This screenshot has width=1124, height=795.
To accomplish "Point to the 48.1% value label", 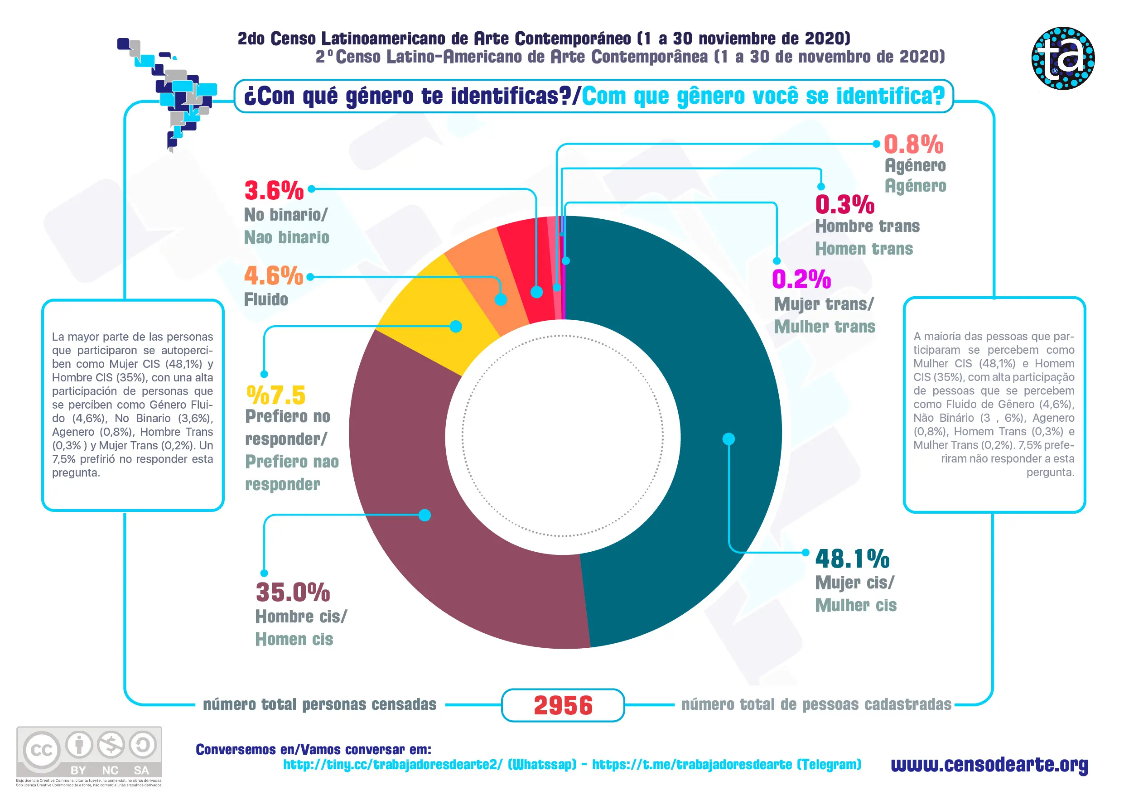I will pyautogui.click(x=852, y=559).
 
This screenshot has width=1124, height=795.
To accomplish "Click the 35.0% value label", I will pyautogui.click(x=293, y=593).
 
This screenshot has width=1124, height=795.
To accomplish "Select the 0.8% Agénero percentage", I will pyautogui.click(x=913, y=145).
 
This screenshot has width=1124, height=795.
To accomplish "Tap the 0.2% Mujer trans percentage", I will pyautogui.click(x=801, y=279).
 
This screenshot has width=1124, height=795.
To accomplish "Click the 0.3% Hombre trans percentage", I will pyautogui.click(x=844, y=205).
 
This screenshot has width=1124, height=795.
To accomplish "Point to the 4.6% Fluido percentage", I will pyautogui.click(x=274, y=276).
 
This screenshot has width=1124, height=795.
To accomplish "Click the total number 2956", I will pyautogui.click(x=563, y=705).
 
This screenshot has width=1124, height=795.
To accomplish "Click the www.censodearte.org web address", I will pyautogui.click(x=989, y=764).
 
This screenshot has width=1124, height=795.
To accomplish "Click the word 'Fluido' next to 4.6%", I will pyautogui.click(x=266, y=299).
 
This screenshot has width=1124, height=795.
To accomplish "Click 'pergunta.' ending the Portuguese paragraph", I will pyautogui.click(x=1050, y=472).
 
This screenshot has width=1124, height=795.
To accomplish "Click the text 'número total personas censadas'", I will pyautogui.click(x=319, y=704).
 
